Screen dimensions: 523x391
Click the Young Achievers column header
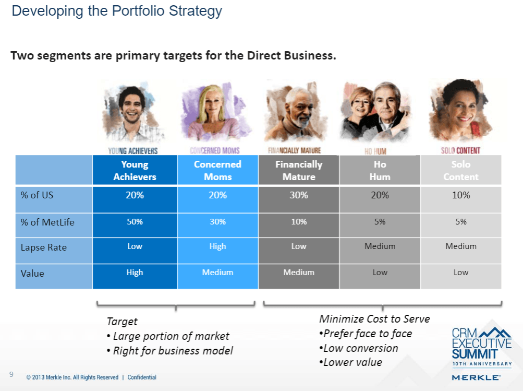[x=135, y=170]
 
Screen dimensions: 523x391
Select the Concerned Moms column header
[x=218, y=170]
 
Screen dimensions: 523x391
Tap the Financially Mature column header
[x=299, y=170]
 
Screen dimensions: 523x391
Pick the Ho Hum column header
[x=380, y=170]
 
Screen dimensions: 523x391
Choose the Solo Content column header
[x=461, y=170]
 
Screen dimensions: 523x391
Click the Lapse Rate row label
[x=44, y=247]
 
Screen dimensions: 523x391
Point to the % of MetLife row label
[x=47, y=222]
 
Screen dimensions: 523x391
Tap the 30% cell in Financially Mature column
[x=299, y=199]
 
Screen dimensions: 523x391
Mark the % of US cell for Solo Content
[x=461, y=199]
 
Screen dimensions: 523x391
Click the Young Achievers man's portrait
[x=133, y=112]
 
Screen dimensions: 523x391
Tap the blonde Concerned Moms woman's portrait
[x=215, y=112]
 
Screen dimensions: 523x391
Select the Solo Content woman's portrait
[x=460, y=111]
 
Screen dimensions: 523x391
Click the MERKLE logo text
[x=476, y=377]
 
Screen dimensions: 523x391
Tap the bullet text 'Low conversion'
[x=359, y=348]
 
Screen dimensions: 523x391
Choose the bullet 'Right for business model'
[x=170, y=351]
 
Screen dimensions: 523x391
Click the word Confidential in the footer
[x=142, y=377]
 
